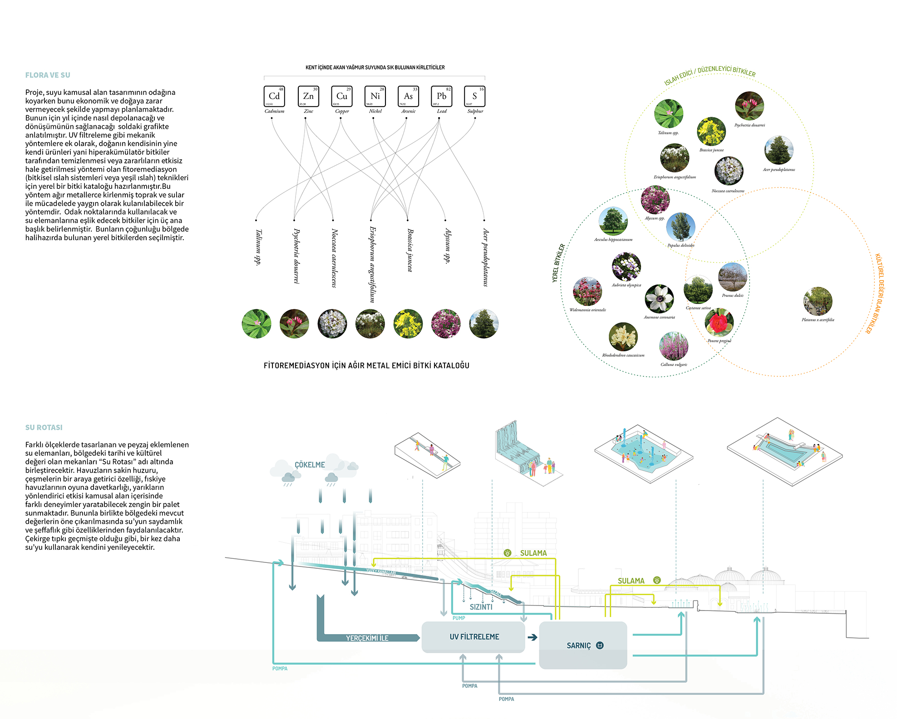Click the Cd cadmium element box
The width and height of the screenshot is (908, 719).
(x=274, y=96)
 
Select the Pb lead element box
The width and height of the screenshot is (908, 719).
(x=441, y=96)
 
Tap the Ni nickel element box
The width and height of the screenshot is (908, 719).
(x=375, y=96)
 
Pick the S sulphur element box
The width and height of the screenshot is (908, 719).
(x=475, y=96)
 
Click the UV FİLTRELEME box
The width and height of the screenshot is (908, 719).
(x=474, y=637)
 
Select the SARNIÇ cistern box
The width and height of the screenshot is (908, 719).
(x=583, y=645)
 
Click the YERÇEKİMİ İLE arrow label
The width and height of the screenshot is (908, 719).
(x=367, y=638)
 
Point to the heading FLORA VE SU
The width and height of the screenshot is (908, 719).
(x=48, y=75)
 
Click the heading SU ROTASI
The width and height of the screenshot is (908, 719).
(x=44, y=428)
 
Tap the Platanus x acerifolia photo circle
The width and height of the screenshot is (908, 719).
(x=818, y=301)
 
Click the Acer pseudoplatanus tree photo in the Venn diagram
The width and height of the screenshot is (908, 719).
(x=779, y=150)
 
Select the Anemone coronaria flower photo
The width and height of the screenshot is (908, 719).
(x=659, y=299)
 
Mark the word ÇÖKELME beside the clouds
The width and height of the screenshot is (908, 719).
(x=310, y=465)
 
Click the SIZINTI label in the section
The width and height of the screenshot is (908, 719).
(x=481, y=607)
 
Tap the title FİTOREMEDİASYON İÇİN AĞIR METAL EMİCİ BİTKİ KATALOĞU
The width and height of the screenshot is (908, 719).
(x=366, y=365)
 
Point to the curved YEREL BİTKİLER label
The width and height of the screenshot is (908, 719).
(x=559, y=263)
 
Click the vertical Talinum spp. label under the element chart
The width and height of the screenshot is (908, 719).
(x=258, y=247)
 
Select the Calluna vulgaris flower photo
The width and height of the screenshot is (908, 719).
(x=674, y=346)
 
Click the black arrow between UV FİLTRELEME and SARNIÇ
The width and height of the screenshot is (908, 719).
(x=533, y=637)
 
